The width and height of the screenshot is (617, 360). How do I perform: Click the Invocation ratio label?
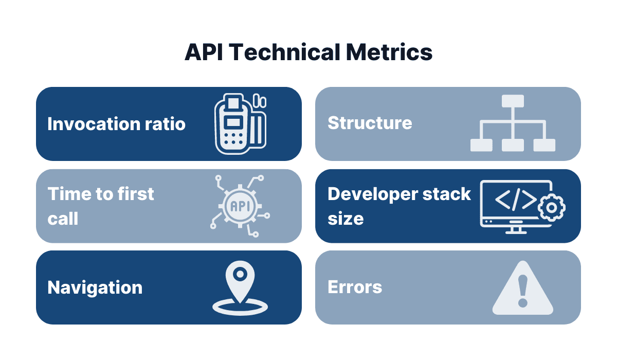point(116,124)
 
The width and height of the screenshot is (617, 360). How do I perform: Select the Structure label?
point(370,123)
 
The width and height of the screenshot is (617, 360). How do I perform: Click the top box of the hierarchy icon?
point(513,101)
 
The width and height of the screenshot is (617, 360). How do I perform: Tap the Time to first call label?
point(101,206)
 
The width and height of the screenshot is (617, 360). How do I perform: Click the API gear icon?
point(240,206)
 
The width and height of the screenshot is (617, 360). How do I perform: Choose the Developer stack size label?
point(399,206)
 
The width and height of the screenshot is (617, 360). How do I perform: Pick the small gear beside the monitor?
point(551,207)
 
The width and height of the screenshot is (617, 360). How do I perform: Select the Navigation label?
point(95,287)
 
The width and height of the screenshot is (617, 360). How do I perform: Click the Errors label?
point(355,286)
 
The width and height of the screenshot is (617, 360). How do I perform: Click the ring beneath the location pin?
point(240,309)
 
